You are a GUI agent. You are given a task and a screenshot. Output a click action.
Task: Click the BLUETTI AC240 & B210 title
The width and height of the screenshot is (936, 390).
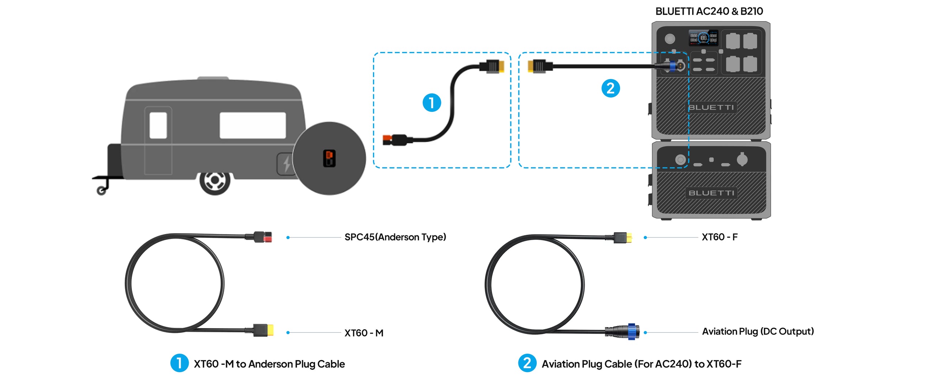pos(709,11)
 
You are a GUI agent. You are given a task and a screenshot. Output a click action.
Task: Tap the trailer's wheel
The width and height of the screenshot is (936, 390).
pos(215,181)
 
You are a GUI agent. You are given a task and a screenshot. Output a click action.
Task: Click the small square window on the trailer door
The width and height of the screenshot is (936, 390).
pos(158,125)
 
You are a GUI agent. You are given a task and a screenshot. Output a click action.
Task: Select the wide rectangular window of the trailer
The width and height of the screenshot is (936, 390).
pos(252,125)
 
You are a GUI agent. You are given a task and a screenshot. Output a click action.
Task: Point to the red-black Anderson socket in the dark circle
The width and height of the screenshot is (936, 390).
pos(329,158)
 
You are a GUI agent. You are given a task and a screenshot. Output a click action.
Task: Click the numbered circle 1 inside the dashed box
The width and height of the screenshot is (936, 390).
pos(431,103)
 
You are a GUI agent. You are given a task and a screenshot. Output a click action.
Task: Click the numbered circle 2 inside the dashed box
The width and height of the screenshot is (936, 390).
pos(610,88)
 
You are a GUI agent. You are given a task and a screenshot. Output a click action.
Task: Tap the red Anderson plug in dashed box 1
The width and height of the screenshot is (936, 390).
pos(388,140)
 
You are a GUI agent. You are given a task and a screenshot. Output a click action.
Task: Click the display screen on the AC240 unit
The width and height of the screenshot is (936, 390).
pos(703,38)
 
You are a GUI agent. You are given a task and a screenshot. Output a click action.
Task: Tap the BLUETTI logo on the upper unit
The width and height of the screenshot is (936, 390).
pos(711,107)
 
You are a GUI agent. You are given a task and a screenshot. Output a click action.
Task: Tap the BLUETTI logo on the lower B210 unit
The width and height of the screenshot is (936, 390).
pos(711,193)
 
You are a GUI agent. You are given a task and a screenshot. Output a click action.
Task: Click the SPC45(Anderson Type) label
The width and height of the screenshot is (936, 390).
pos(395,237)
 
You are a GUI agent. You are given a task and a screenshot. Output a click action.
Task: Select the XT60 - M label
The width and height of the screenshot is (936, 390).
pos(364,333)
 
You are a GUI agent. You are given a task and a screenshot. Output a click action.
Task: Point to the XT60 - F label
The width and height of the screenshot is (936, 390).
pos(720,237)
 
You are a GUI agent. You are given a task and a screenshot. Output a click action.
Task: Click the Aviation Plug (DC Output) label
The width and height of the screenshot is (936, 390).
pos(758,332)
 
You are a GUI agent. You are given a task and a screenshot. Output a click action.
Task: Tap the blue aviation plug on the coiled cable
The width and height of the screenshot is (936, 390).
pos(631,332)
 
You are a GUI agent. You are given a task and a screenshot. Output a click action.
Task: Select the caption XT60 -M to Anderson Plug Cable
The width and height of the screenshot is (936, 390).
pos(269,364)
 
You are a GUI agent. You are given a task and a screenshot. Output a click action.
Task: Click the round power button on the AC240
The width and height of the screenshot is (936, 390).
pos(670,38)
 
